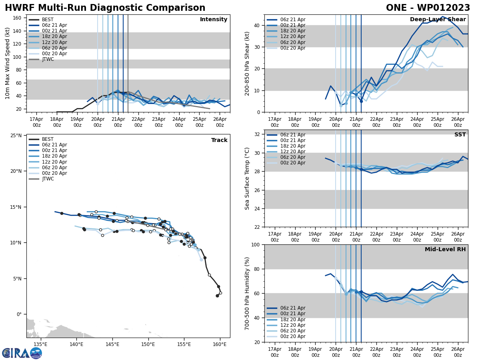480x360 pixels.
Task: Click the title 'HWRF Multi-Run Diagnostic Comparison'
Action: pyautogui.click(x=105, y=8)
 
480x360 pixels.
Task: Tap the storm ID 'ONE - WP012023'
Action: pyautogui.click(x=428, y=8)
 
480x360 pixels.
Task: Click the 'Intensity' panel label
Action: pyautogui.click(x=214, y=20)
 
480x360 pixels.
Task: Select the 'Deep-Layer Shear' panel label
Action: pyautogui.click(x=438, y=20)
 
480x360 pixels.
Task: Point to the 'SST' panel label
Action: pyautogui.click(x=460, y=135)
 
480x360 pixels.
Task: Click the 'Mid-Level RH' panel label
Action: pyautogui.click(x=445, y=250)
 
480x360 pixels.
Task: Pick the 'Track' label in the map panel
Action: pyautogui.click(x=219, y=140)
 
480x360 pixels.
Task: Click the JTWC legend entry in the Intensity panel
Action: pyautogui.click(x=48, y=59)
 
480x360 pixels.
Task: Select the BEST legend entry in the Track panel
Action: pyautogui.click(x=48, y=139)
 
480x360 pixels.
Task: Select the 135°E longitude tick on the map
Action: pyautogui.click(x=40, y=344)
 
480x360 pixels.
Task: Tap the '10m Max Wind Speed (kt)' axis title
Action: pyautogui.click(x=8, y=63)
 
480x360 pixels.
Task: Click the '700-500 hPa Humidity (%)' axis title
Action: pyautogui.click(x=248, y=293)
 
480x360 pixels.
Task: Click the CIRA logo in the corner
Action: pyautogui.click(x=22, y=353)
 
